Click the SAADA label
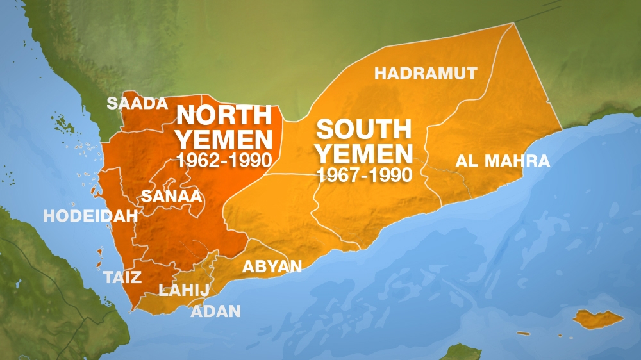pos(137,103)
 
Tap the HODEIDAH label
pos(90,216)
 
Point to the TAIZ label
pos(122,277)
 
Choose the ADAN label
pos(216,311)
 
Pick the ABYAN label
pos(272,266)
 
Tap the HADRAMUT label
pos(426,73)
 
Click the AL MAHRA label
pos(503,161)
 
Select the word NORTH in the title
pos(224,116)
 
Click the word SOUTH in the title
pos(363,130)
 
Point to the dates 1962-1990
pos(223,160)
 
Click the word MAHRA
pos(517,161)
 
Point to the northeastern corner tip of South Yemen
pos(513,24)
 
